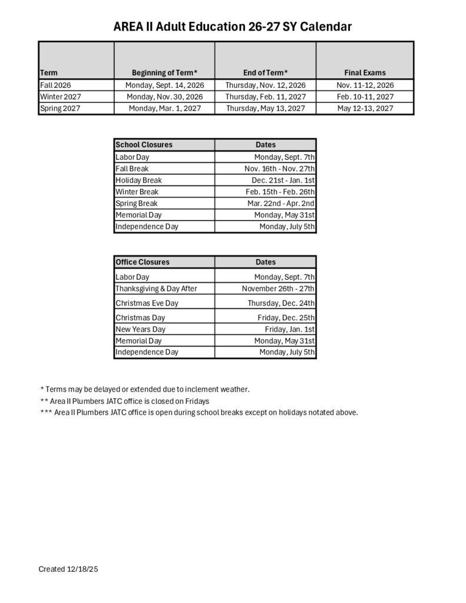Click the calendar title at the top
click(x=233, y=26)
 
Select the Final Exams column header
click(x=365, y=73)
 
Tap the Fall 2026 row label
click(x=55, y=85)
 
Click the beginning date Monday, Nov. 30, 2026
click(x=164, y=97)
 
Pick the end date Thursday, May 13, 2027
click(x=265, y=108)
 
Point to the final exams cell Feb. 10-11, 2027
click(x=365, y=97)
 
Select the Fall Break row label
click(x=132, y=168)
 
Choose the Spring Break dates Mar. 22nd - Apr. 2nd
click(x=281, y=203)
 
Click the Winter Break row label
click(x=137, y=192)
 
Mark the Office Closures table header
click(x=142, y=262)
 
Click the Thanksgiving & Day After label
click(x=156, y=289)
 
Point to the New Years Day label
click(x=140, y=329)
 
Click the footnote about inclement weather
click(x=145, y=389)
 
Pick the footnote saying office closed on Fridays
click(x=125, y=401)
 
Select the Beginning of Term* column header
click(x=164, y=73)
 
